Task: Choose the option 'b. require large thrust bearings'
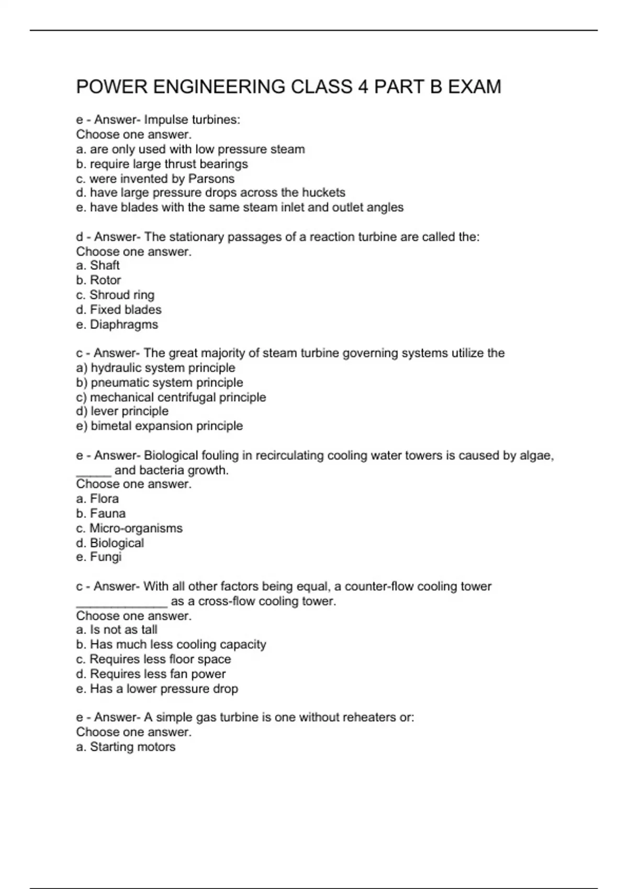point(162,164)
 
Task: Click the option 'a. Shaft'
point(98,266)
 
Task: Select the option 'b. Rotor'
point(98,280)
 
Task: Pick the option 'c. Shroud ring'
point(115,295)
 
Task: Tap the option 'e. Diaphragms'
point(117,325)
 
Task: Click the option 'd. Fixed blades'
point(119,310)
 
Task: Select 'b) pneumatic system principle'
point(160,382)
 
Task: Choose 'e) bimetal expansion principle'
point(160,426)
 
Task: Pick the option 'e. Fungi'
point(98,557)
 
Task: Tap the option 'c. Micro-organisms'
point(129,528)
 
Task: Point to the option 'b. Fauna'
point(101,514)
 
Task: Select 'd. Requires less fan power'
point(151,674)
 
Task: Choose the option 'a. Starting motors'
point(126,747)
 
